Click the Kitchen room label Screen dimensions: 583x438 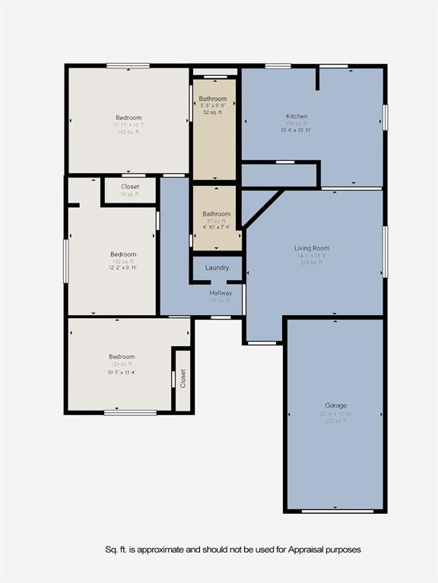pos(297,115)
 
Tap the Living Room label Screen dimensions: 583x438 pos(312,248)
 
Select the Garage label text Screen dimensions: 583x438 pos(335,405)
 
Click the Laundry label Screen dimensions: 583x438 pos(217,268)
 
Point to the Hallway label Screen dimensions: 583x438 pos(221,292)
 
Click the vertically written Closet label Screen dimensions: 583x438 pos(183,379)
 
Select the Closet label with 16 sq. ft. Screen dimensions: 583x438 pos(130,187)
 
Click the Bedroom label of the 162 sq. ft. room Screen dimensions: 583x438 pos(129,118)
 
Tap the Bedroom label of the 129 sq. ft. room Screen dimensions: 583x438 pos(122,357)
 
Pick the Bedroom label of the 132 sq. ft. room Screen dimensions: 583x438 pos(123,254)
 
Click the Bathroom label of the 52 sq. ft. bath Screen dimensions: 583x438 pos(213,99)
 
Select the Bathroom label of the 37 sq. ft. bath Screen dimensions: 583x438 pos(216,214)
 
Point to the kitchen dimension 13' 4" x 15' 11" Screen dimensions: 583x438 pos(297,130)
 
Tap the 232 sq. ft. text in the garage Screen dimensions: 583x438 pos(335,421)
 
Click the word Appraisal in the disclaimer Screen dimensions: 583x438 pos(305,549)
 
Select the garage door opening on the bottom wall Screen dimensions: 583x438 pos(338,511)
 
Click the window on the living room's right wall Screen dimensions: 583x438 pos(385,251)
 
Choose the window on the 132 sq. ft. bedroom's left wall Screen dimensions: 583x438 pos(66,261)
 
